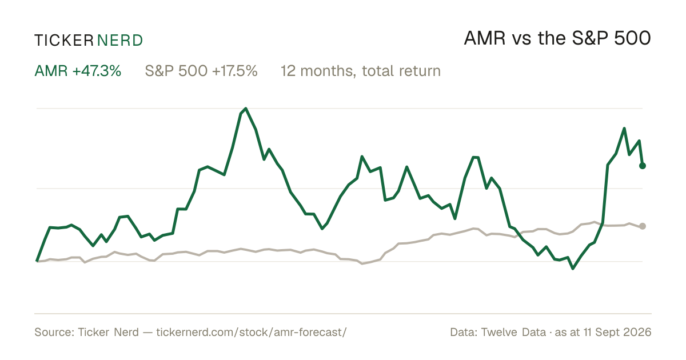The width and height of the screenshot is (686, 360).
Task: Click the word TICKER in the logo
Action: click(x=64, y=41)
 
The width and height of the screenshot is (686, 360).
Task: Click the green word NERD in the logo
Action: click(x=120, y=41)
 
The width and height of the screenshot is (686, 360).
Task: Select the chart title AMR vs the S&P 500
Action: click(x=557, y=38)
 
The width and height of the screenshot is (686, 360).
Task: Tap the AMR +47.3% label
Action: click(x=78, y=71)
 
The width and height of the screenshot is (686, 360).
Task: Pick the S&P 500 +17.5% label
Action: click(x=201, y=71)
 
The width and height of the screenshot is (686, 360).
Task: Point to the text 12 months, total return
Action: click(x=361, y=71)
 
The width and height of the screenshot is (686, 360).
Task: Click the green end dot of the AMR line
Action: click(x=643, y=166)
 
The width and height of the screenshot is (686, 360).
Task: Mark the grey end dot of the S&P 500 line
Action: click(x=643, y=226)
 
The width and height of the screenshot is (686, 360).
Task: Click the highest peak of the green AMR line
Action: click(x=246, y=109)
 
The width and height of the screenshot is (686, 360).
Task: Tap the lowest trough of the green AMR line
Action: click(x=573, y=269)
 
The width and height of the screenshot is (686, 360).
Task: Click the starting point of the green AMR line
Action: click(x=37, y=261)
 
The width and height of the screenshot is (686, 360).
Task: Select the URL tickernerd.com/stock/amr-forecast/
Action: click(x=252, y=332)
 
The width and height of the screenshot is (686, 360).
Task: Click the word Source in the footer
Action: click(x=53, y=332)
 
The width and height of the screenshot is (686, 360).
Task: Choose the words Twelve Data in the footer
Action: click(x=513, y=332)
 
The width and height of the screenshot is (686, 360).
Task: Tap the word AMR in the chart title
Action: click(x=485, y=38)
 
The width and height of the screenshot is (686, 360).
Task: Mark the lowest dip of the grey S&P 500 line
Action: click(x=362, y=263)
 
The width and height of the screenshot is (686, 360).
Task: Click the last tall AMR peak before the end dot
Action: click(x=624, y=129)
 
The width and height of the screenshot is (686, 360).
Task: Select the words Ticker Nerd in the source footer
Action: click(x=108, y=332)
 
